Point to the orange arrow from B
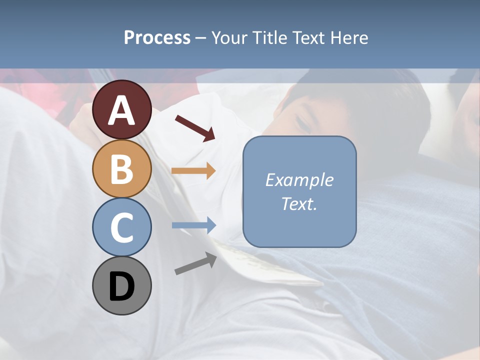pyautogui.click(x=193, y=171)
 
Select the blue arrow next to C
pyautogui.click(x=194, y=225)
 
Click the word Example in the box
pyautogui.click(x=299, y=180)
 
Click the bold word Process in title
pyautogui.click(x=157, y=38)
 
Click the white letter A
pyautogui.click(x=122, y=111)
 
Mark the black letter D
pyautogui.click(x=122, y=287)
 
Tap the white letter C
pyautogui.click(x=122, y=228)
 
